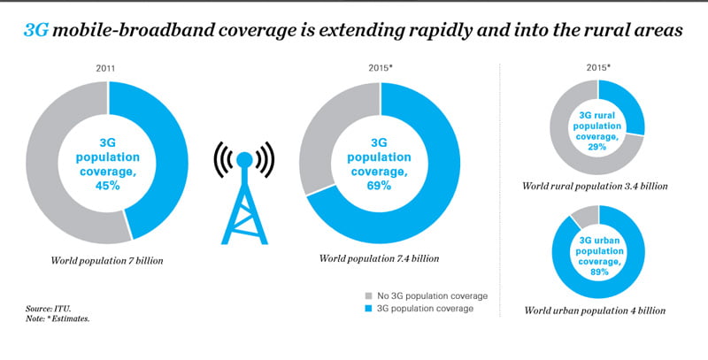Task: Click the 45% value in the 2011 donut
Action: click(x=109, y=185)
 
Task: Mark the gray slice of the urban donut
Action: click(x=583, y=215)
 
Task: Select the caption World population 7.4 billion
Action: click(x=381, y=258)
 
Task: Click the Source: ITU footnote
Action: click(x=50, y=308)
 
